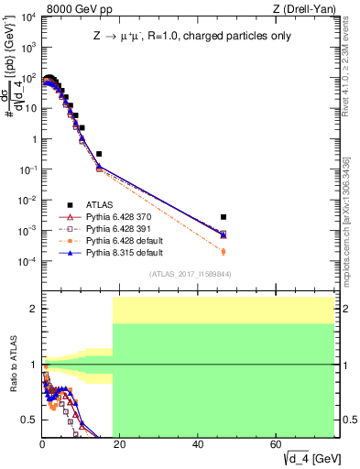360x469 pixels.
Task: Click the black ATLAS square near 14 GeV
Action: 99,154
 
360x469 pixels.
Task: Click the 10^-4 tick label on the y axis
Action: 27,262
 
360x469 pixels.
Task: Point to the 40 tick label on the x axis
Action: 198,444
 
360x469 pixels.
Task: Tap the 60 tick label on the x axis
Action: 276,444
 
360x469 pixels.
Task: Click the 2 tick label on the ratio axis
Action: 34,309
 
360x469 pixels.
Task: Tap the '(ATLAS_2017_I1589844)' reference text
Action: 190,274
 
